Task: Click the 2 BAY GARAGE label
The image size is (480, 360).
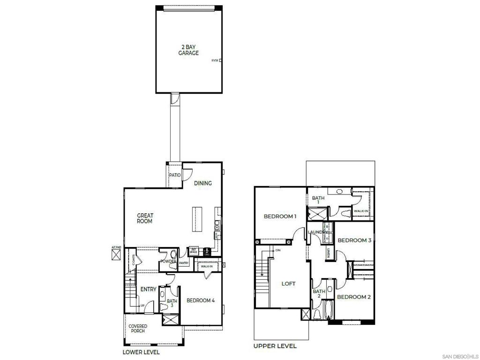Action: pyautogui.click(x=188, y=50)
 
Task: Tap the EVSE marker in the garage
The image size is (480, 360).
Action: pyautogui.click(x=216, y=60)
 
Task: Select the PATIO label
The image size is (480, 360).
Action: pyautogui.click(x=175, y=175)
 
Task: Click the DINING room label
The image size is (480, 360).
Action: pyautogui.click(x=203, y=183)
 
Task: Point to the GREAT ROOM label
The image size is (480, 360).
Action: pyautogui.click(x=145, y=218)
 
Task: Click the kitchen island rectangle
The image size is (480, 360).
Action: pyautogui.click(x=195, y=219)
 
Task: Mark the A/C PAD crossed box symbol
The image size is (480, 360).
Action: pyautogui.click(x=116, y=255)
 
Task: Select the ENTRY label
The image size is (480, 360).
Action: pyautogui.click(x=148, y=290)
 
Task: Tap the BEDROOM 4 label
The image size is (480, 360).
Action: pyautogui.click(x=201, y=300)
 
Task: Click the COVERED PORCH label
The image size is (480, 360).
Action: pyautogui.click(x=138, y=329)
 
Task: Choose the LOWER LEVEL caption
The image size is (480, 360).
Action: pyautogui.click(x=141, y=352)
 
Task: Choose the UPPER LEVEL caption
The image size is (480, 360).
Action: pyautogui.click(x=275, y=346)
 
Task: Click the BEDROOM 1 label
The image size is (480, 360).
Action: pyautogui.click(x=280, y=217)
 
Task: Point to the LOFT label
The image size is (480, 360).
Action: pyautogui.click(x=288, y=284)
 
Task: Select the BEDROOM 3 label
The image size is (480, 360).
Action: pyautogui.click(x=354, y=240)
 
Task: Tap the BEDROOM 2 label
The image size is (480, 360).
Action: pyautogui.click(x=354, y=297)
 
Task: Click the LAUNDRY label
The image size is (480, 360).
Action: pyautogui.click(x=318, y=232)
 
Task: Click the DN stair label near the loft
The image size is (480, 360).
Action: pyautogui.click(x=278, y=250)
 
